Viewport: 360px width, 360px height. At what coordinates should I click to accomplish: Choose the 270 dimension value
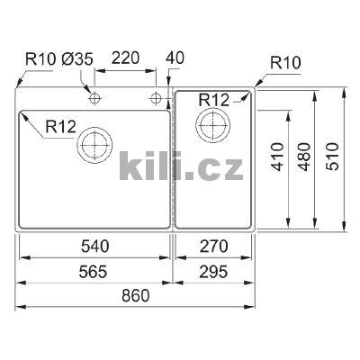point(214,245)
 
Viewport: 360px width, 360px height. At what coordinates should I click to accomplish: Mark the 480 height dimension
point(304,157)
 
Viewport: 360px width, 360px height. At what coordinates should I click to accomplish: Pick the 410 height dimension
point(276,157)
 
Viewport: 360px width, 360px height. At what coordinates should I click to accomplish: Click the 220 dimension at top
point(126,59)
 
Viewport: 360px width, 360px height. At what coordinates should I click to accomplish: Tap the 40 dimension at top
point(175,59)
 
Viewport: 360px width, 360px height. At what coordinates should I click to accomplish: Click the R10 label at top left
point(41,59)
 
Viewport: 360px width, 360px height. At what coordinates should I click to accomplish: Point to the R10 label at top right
point(287,63)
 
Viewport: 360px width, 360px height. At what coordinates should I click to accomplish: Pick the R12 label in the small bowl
point(214,98)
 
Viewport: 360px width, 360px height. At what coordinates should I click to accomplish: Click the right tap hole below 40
point(157,95)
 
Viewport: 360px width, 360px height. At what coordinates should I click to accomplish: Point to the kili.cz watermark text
point(180,166)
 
